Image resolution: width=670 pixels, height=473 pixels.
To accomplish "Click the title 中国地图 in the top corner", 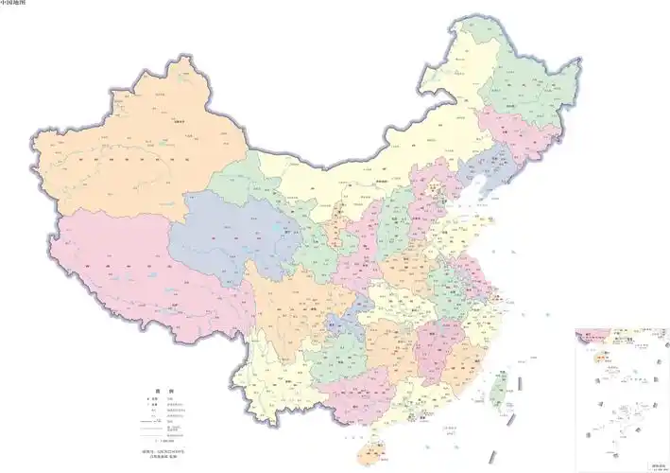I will pos(14,4).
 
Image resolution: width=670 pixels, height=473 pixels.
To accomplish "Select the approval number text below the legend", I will pos(152,456).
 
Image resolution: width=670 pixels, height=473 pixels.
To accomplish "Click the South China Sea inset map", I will pos(621,397).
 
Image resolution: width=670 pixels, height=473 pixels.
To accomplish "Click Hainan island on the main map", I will pos(368,452).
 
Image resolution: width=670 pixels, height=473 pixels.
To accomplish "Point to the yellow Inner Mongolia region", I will pos(378,161).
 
